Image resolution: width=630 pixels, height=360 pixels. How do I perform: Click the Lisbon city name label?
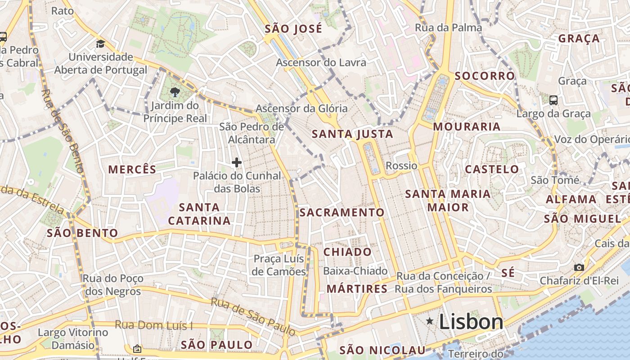[x=471, y=322]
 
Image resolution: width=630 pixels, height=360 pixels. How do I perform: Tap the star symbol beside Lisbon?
[x=430, y=321]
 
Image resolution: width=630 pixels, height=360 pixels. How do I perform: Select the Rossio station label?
[x=401, y=166]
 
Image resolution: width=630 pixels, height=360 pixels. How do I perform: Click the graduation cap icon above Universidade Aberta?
[x=100, y=44]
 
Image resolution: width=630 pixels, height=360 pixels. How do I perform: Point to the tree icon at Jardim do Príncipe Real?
[x=175, y=93]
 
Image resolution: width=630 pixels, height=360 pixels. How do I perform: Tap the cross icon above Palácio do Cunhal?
[x=236, y=162]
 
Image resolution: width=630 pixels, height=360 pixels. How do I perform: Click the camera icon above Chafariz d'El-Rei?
[x=579, y=268]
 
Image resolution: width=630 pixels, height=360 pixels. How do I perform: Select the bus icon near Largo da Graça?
[x=553, y=100]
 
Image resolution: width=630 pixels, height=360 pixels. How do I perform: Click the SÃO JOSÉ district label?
[x=293, y=29]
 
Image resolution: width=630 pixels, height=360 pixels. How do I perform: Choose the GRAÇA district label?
[x=579, y=39]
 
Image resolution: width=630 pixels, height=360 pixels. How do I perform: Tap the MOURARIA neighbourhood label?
[x=467, y=127]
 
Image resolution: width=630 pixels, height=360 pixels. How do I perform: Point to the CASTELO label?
[x=492, y=170]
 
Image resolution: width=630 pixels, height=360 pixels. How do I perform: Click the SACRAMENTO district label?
[x=342, y=212]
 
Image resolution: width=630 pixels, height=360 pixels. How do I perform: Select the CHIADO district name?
[x=347, y=252]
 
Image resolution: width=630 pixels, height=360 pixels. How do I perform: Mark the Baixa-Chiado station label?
[x=355, y=271]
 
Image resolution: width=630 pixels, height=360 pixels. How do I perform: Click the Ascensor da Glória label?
[x=301, y=108]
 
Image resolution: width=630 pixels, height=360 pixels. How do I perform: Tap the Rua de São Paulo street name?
[x=254, y=317]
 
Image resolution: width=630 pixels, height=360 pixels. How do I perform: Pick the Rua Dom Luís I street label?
[x=153, y=325]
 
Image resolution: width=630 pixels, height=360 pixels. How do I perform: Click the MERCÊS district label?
[x=132, y=170]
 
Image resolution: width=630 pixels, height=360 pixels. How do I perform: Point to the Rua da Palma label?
[x=448, y=27]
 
